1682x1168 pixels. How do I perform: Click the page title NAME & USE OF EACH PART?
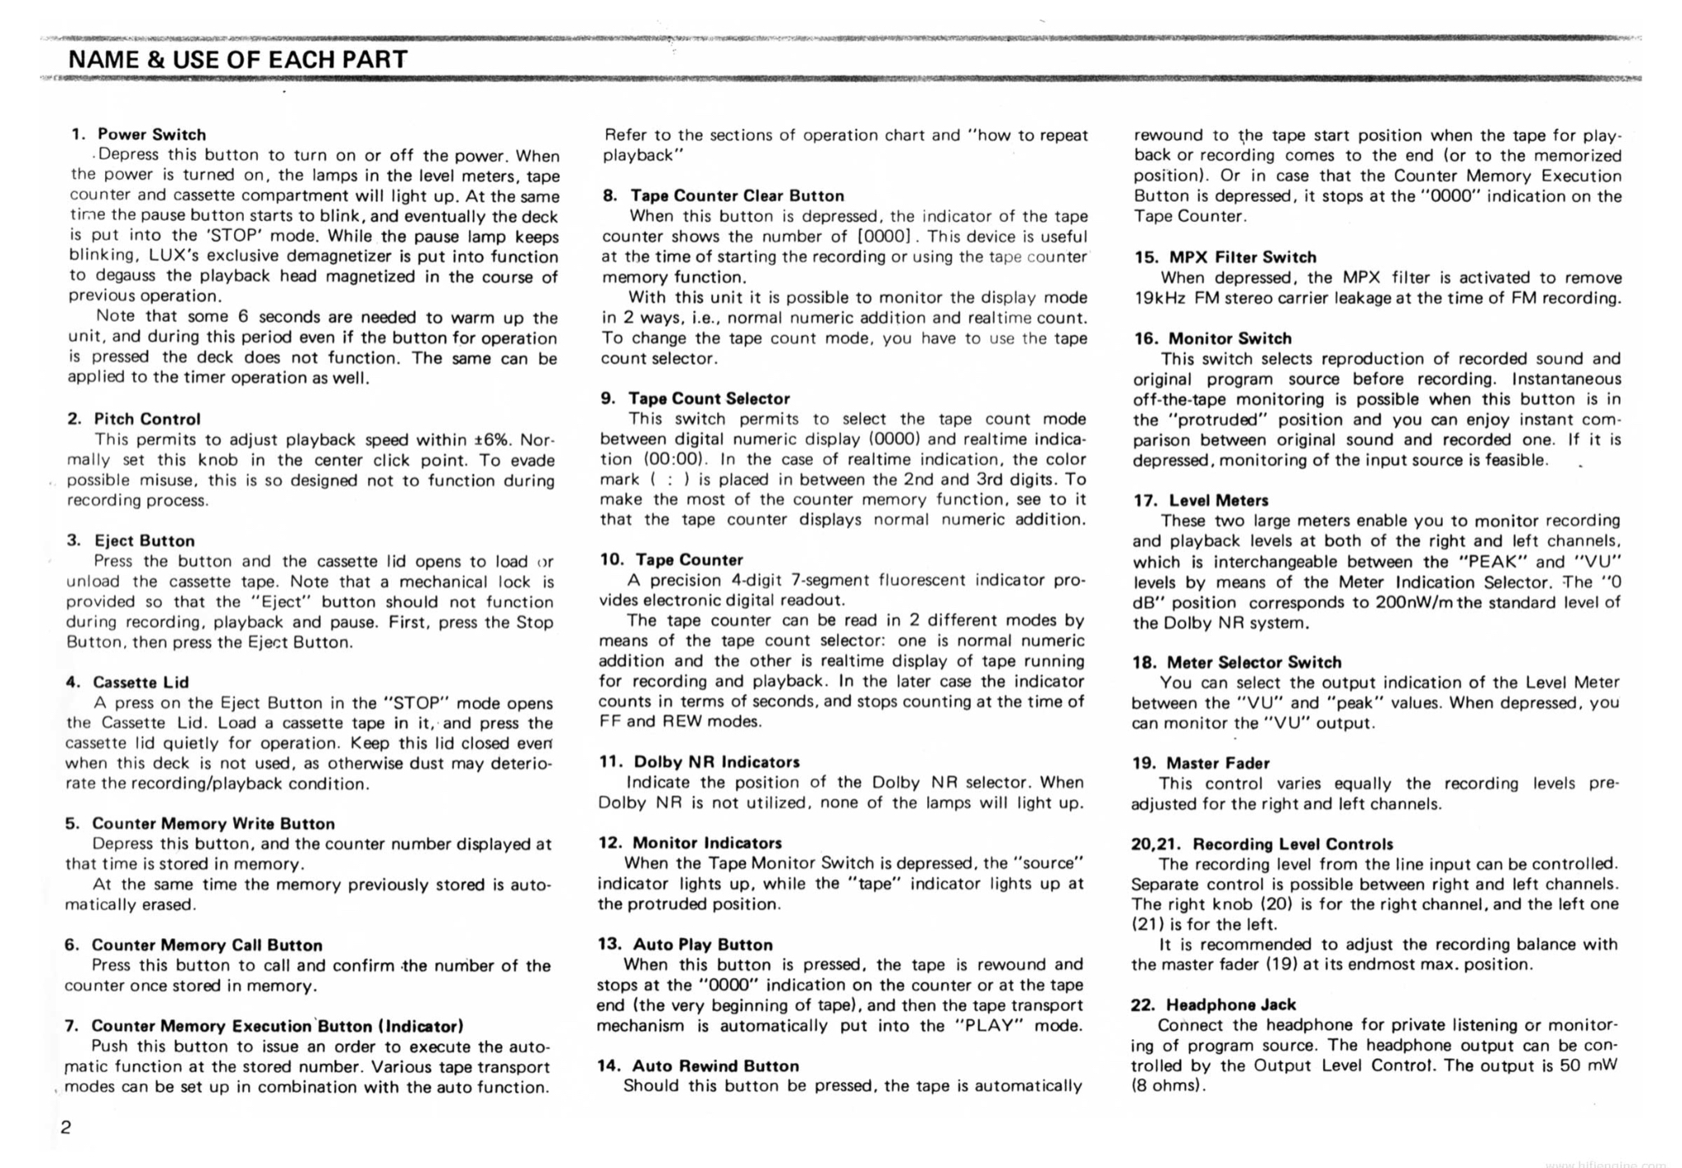[x=238, y=59]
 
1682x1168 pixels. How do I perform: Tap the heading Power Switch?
[x=151, y=134]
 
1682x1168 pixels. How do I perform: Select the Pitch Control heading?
[x=147, y=419]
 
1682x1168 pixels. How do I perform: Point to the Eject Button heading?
[x=145, y=540]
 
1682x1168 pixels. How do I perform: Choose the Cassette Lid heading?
[x=140, y=682]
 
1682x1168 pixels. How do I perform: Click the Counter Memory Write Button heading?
[x=214, y=823]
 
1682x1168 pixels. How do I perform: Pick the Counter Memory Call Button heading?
[x=207, y=945]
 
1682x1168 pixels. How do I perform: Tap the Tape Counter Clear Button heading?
[x=737, y=195]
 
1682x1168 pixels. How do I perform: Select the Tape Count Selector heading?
[x=709, y=398]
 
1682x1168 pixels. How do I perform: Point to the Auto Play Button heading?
[x=702, y=944]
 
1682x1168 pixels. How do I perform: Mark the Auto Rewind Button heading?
[x=715, y=1065]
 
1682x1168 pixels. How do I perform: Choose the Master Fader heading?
[x=1218, y=763]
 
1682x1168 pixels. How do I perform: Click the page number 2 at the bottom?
[x=67, y=1127]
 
